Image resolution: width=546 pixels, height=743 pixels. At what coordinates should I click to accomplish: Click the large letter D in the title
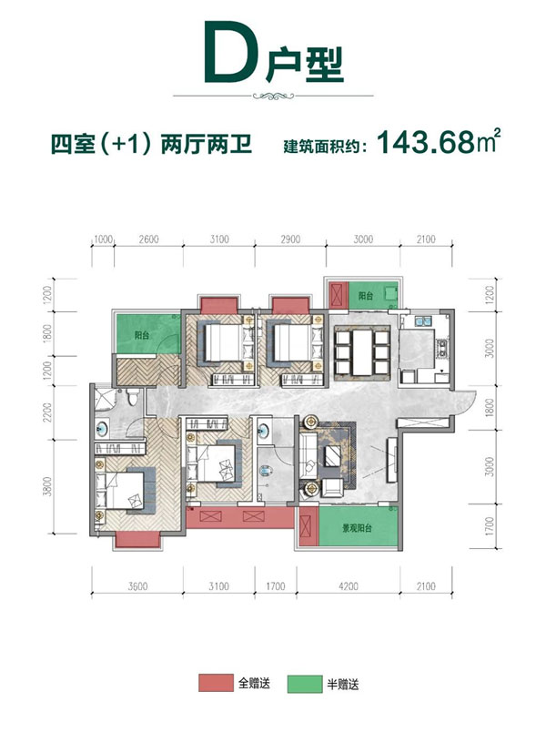(226, 56)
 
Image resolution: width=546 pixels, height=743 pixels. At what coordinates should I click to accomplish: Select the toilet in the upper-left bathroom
(133, 398)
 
